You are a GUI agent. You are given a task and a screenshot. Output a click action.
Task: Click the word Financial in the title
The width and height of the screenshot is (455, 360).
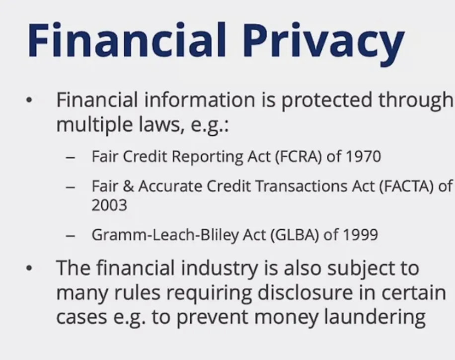coord(127,39)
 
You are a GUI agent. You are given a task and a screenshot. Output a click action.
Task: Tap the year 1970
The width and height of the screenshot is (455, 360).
coord(363,157)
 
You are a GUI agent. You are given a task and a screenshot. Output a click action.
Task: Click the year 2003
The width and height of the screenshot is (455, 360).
coord(109,205)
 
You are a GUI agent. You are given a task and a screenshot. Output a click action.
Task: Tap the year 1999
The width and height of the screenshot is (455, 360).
coord(361,235)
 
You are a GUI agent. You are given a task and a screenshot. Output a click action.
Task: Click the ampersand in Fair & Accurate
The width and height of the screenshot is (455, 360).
coord(129,186)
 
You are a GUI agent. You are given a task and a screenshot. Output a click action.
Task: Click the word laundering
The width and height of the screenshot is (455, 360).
coord(375,317)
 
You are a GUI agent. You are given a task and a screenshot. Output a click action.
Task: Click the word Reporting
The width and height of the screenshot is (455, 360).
coord(207,157)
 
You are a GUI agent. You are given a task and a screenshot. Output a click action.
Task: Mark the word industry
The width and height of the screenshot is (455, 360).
coord(220,268)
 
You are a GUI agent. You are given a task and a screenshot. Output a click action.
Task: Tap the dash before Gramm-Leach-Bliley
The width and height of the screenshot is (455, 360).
coord(70,235)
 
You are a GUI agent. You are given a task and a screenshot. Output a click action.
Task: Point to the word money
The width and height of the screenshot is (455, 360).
coord(286,318)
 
